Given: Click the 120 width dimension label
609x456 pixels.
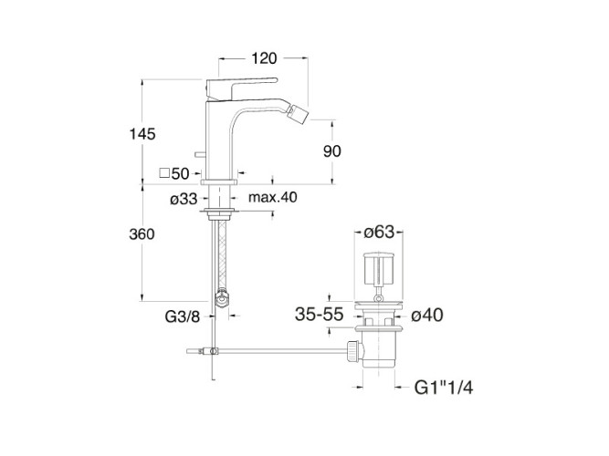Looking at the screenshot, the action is [x=264, y=58].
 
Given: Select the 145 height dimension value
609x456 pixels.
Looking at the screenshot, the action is [x=142, y=134].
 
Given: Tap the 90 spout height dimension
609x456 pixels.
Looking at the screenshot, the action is [x=332, y=151].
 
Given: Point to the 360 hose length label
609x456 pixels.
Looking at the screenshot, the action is [x=142, y=234].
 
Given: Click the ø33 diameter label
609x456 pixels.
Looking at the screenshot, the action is [x=184, y=199].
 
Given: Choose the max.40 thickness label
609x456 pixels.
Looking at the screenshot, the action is [x=273, y=197].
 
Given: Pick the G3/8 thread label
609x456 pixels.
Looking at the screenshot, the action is [x=183, y=316].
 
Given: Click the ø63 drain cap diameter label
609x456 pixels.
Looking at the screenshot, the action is [x=379, y=232].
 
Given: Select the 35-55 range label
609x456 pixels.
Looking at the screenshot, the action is [x=320, y=315].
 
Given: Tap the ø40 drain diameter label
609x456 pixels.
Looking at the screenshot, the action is [x=426, y=316].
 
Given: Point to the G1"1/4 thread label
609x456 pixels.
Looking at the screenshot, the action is [x=444, y=388].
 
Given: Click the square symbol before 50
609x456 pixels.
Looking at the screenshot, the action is [x=164, y=172].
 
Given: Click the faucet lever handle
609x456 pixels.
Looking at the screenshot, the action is [x=242, y=88].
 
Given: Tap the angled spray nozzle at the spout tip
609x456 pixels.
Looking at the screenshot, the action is [x=298, y=114].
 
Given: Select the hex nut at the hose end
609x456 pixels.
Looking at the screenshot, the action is [x=222, y=298].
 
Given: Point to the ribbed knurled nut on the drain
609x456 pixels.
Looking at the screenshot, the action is [x=352, y=352].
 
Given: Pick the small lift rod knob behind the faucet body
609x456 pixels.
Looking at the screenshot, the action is [x=200, y=155].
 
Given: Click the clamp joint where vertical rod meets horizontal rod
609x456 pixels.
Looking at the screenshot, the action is [x=213, y=351].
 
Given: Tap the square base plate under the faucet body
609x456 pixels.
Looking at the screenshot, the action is [x=219, y=182].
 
